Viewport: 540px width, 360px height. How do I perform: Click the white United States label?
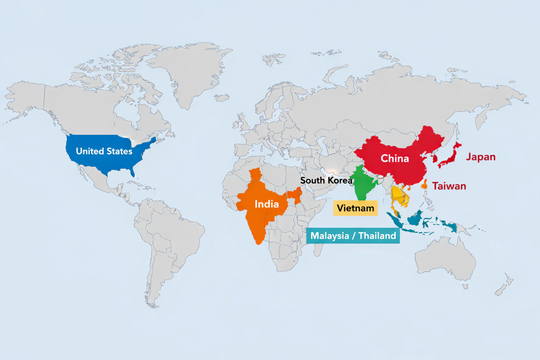[x=104, y=151]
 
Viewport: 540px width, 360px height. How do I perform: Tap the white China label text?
[x=394, y=159]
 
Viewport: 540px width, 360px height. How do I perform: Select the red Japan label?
[x=481, y=157]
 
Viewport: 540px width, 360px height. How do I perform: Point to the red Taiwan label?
[x=449, y=186]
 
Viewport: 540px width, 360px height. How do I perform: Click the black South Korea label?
[x=326, y=180]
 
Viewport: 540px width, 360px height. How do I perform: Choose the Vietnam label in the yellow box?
[x=355, y=208]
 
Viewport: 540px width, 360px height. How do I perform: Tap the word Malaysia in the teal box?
[x=329, y=236]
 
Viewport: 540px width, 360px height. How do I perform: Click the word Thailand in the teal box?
[x=377, y=236]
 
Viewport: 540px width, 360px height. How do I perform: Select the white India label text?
[x=266, y=204]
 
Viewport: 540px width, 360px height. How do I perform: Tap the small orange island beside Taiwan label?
[x=424, y=184]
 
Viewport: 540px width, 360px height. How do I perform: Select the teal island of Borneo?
[x=415, y=219]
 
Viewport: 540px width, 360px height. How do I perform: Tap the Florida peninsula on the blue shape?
[x=132, y=172]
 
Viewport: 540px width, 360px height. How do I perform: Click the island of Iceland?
[x=222, y=97]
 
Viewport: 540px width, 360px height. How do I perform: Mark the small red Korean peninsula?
[x=435, y=158]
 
